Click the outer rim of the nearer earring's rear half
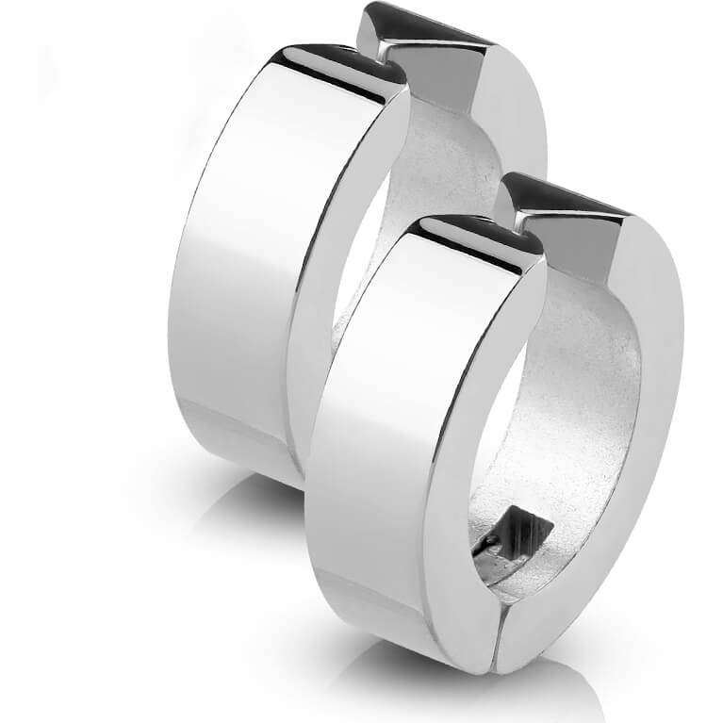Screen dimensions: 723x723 pos(650,377)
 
